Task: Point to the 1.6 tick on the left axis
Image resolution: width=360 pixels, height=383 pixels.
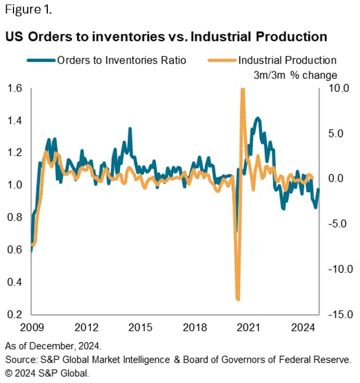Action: [15, 88]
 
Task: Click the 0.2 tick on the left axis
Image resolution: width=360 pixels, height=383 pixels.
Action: [15, 314]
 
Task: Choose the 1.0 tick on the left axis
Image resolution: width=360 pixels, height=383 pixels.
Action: [15, 185]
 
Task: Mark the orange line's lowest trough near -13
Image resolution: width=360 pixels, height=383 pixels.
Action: [238, 299]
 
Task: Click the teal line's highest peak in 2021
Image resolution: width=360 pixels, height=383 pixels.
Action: [258, 118]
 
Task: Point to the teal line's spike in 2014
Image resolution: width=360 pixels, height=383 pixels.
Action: [130, 129]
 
